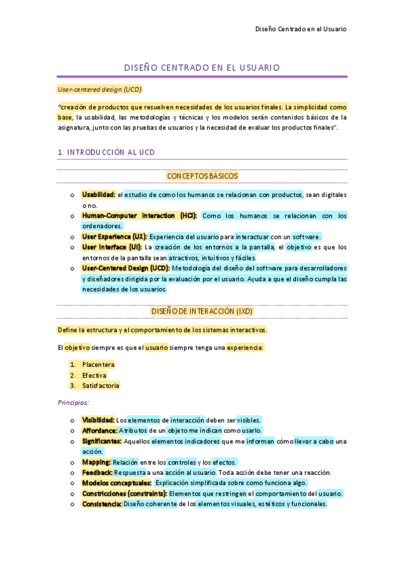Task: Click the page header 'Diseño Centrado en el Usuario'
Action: [301, 29]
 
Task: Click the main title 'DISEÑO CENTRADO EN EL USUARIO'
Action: [202, 68]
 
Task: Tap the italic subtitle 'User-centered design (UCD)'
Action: [100, 89]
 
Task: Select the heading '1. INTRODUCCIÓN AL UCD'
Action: [107, 152]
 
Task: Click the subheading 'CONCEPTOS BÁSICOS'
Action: [202, 176]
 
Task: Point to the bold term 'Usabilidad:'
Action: [98, 195]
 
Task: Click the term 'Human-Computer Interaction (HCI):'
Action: [140, 216]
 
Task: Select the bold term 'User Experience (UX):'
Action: [114, 237]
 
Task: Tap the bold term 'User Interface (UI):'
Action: [112, 247]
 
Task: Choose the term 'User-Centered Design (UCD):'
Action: [126, 268]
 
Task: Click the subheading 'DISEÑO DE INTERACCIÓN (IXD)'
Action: [202, 311]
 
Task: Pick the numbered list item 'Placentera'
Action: [98, 365]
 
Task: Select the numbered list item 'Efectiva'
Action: [94, 375]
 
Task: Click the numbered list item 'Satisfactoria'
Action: [101, 386]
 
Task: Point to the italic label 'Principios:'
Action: [74, 402]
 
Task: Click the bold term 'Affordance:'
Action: [99, 430]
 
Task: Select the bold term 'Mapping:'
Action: [96, 462]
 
